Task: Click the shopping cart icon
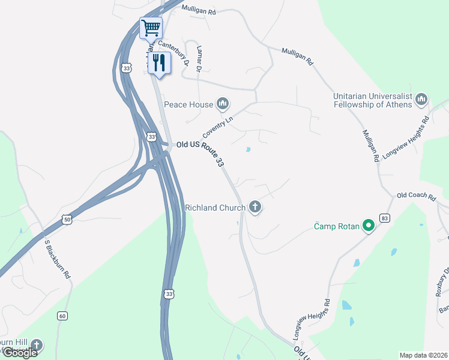[x=151, y=27]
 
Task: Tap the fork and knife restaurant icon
[x=159, y=62]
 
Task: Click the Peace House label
[x=188, y=104]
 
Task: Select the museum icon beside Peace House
[x=223, y=104]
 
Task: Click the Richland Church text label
[x=215, y=208]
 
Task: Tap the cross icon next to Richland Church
[x=255, y=208]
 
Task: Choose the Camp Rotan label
[x=336, y=226]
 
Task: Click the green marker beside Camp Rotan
[x=369, y=226]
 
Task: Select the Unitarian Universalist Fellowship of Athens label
[x=373, y=100]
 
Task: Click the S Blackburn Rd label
[x=58, y=259]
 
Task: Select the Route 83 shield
[x=385, y=218]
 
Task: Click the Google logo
[x=20, y=353]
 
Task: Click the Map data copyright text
[x=423, y=355]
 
